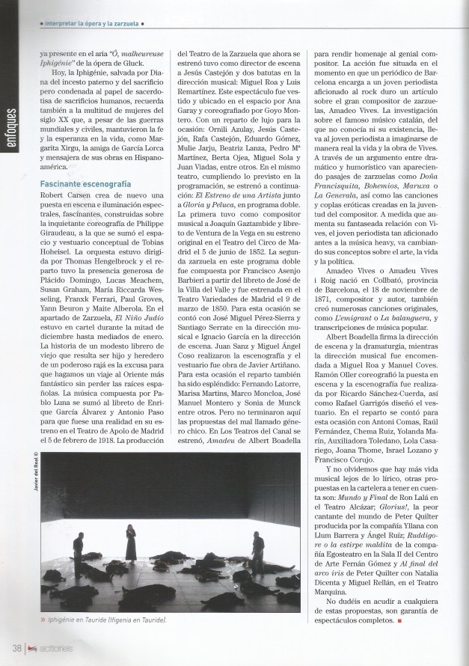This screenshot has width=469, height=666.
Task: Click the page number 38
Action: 16,647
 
